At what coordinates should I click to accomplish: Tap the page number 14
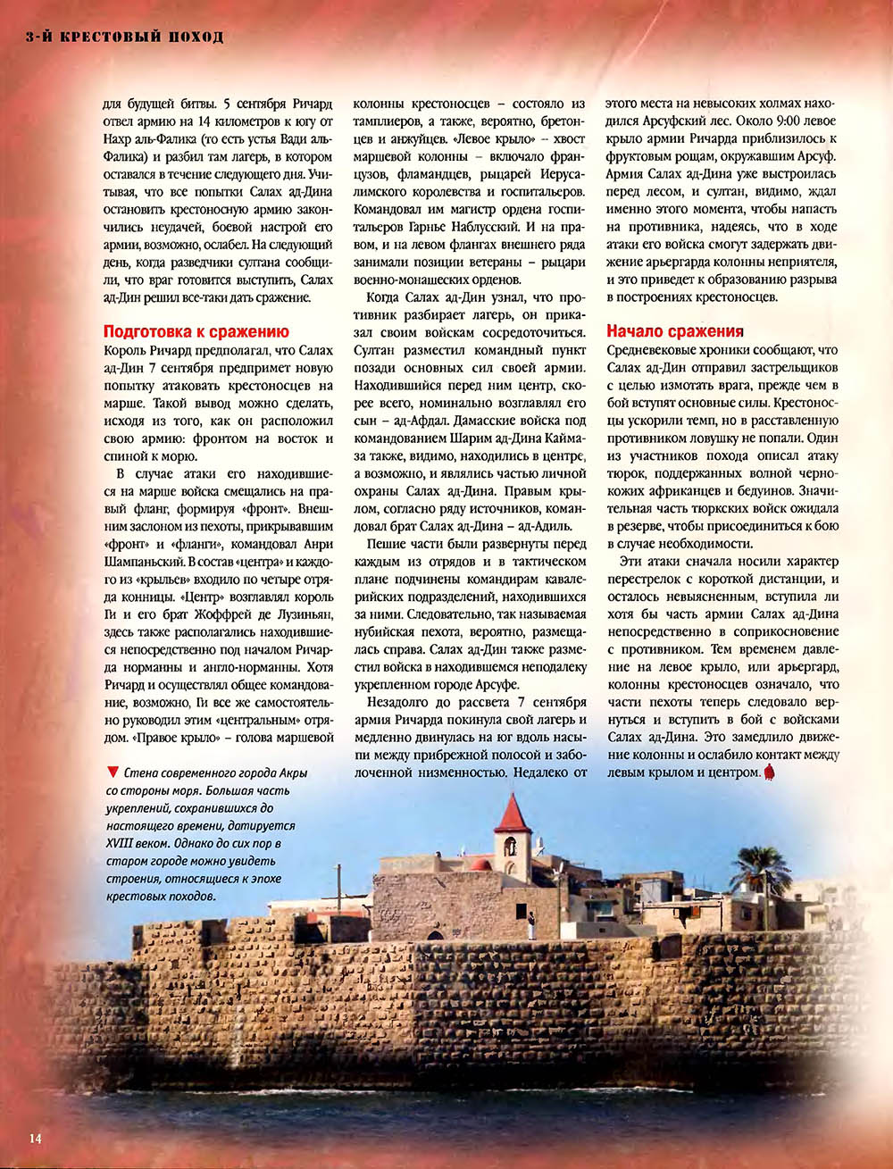35,1137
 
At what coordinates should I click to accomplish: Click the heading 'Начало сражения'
674,331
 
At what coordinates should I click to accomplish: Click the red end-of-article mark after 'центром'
769,772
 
